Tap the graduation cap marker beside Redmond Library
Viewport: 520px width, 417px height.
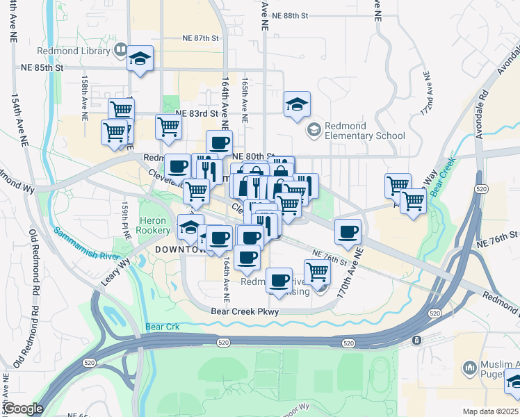coord(140,59)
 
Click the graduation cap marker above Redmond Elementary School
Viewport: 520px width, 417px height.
coord(297,105)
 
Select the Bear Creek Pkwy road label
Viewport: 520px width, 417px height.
coord(245,312)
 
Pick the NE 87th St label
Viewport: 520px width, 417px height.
coord(200,38)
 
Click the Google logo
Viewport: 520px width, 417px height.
coord(23,409)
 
